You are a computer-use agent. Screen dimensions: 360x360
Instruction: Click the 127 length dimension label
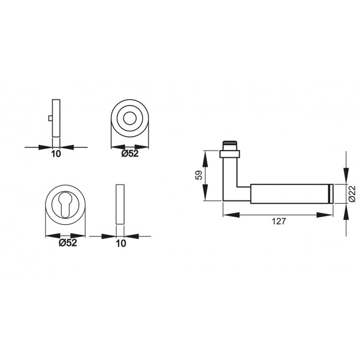point(279,221)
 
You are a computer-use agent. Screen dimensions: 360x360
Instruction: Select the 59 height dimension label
point(198,177)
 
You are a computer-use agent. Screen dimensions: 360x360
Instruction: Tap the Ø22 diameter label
point(352,193)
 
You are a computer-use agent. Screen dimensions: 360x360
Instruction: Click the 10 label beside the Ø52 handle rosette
point(55,155)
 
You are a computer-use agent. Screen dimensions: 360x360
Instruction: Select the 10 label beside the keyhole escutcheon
point(121,243)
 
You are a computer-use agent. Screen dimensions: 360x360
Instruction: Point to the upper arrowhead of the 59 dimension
point(206,157)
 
